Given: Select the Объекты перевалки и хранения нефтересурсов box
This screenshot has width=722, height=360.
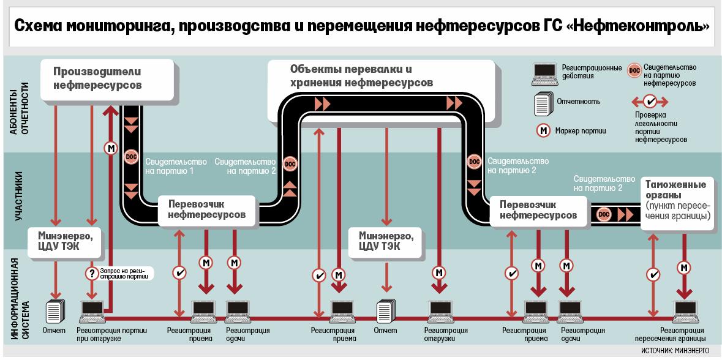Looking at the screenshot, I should tap(361, 75).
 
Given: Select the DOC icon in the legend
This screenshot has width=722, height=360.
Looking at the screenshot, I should tap(635, 70).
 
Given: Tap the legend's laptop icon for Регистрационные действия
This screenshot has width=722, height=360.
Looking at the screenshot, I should tap(543, 73).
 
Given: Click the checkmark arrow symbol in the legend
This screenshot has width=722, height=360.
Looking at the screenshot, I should tap(650, 100).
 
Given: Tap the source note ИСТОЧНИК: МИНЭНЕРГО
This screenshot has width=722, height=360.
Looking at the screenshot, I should tap(675, 351).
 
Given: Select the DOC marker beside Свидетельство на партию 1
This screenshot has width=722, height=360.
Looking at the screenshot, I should tap(131, 157).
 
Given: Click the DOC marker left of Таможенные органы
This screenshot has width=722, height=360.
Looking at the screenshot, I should tap(604, 214).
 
